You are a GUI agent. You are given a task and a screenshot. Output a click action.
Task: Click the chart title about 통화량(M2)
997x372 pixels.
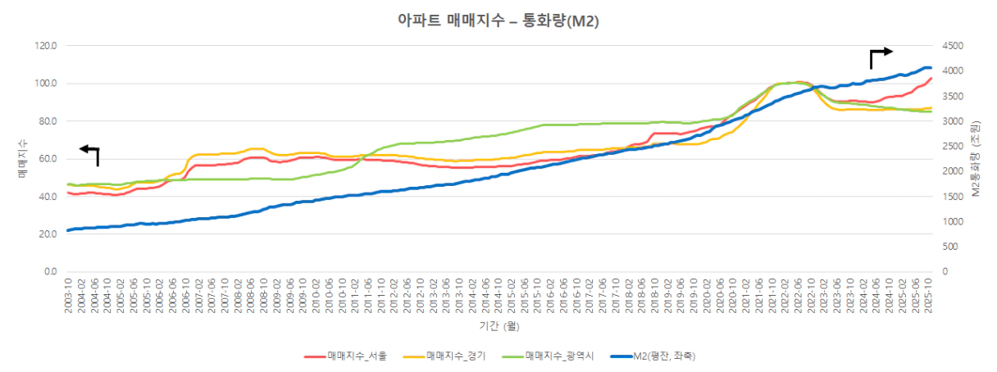pos(498,22)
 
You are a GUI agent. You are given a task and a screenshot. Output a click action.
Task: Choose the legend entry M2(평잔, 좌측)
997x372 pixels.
pos(664,356)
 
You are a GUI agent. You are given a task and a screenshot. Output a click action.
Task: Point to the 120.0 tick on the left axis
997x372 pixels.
pos(45,46)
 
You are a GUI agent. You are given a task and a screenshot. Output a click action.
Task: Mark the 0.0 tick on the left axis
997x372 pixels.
pos(50,271)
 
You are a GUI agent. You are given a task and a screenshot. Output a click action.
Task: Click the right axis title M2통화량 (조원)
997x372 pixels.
pos(976,159)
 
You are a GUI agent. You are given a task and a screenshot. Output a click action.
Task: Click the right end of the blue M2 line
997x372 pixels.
pos(931,67)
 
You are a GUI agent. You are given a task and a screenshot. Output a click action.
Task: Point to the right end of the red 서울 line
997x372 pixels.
pos(931,79)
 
